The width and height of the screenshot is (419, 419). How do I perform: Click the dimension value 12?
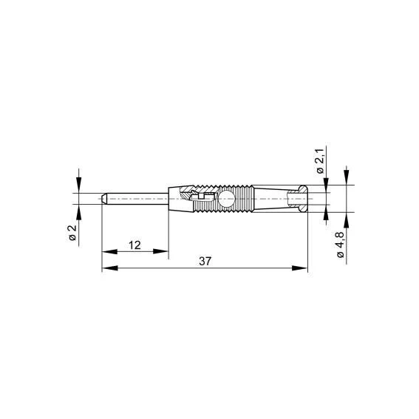click(134, 245)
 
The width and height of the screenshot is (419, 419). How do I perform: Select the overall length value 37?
click(205, 262)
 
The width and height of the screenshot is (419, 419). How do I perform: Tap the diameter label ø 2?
click(72, 233)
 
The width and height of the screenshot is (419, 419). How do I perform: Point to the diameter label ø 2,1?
click(320, 160)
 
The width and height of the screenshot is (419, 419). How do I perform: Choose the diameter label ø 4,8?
click(340, 245)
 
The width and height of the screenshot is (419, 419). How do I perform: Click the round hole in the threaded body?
click(226, 199)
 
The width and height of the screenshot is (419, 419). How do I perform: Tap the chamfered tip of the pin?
click(104, 199)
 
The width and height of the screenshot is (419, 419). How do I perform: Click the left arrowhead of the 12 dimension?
click(109, 251)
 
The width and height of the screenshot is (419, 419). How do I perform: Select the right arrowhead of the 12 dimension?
click(160, 251)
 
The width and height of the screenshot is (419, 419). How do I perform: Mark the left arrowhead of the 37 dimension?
click(110, 268)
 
